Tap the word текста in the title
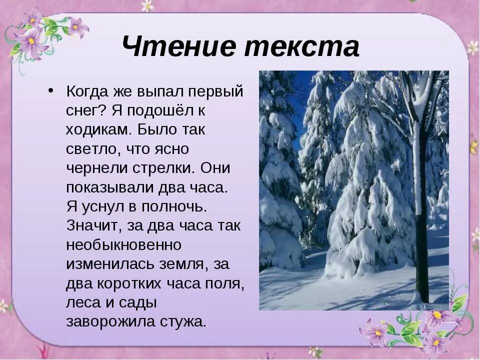point(302,47)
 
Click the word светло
point(95,149)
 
